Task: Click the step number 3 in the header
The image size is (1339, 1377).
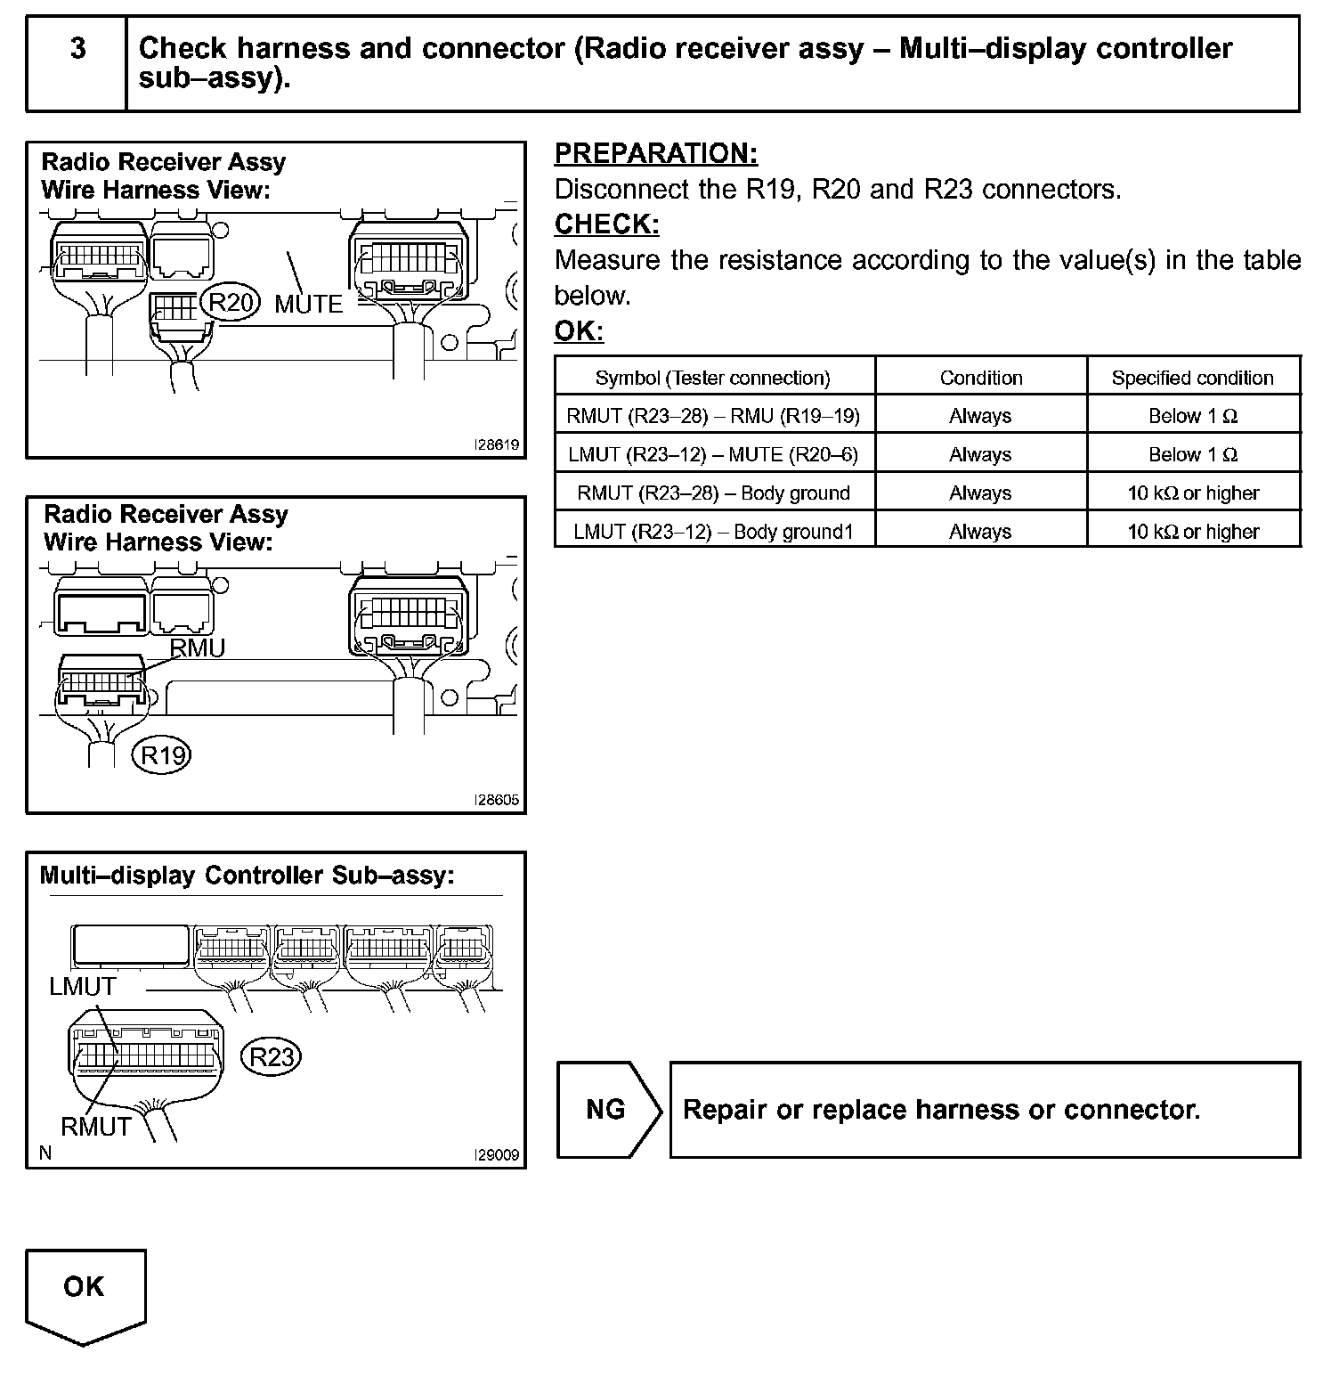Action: point(78,48)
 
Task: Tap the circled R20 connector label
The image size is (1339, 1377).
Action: point(231,303)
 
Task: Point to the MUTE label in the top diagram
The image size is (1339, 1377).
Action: point(308,305)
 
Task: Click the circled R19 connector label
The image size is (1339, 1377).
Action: point(163,756)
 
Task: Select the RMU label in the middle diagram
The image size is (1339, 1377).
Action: point(198,648)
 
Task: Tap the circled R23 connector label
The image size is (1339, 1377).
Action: point(272,1057)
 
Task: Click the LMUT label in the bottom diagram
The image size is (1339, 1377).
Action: point(83,987)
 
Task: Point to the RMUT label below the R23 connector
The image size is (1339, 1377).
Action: point(96,1127)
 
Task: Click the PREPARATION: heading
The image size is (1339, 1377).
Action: point(656,154)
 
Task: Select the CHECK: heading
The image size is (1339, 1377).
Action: point(607,224)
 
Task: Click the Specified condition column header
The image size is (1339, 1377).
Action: point(1192,378)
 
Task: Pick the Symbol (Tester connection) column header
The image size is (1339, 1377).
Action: point(712,378)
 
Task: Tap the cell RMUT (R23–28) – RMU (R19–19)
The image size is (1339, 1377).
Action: point(713,416)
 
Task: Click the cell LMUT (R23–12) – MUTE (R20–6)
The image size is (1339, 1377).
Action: point(713,455)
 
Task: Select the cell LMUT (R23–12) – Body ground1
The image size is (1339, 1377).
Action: point(713,532)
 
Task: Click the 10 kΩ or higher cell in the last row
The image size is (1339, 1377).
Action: point(1193,532)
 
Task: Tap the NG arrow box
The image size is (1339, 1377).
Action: point(607,1110)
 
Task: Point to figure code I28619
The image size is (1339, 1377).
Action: point(497,445)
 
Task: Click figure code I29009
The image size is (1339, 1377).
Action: point(497,1155)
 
